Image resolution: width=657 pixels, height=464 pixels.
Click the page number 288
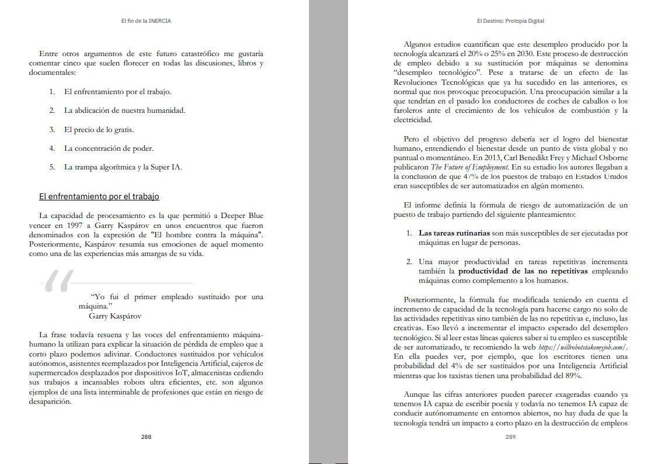[146, 437]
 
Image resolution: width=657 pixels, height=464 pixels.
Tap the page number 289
[510, 437]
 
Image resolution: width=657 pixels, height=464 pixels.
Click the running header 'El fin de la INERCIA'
[146, 21]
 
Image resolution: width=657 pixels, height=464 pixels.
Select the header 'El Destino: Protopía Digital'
[510, 21]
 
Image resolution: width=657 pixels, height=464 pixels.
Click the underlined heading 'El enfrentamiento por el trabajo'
[99, 197]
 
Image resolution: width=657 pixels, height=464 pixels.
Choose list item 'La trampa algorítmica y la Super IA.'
[123, 167]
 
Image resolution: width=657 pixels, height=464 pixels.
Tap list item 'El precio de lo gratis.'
[99, 130]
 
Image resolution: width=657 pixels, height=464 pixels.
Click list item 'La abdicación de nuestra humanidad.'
[124, 110]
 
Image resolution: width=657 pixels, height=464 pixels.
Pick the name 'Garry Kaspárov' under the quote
[115, 316]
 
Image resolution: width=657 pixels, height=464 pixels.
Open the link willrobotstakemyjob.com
[575, 347]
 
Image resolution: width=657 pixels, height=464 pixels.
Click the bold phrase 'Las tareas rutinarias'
[454, 233]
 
